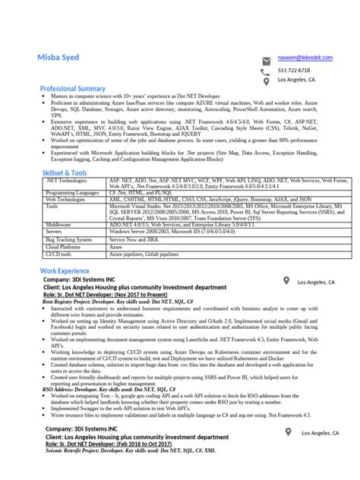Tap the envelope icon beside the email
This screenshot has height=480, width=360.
click(266, 59)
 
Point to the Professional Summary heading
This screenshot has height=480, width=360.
click(72, 89)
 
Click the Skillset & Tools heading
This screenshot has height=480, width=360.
click(63, 172)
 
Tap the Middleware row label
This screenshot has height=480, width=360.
click(58, 225)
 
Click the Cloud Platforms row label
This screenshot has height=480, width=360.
click(62, 247)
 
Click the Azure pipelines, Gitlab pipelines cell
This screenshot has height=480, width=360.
click(147, 254)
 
